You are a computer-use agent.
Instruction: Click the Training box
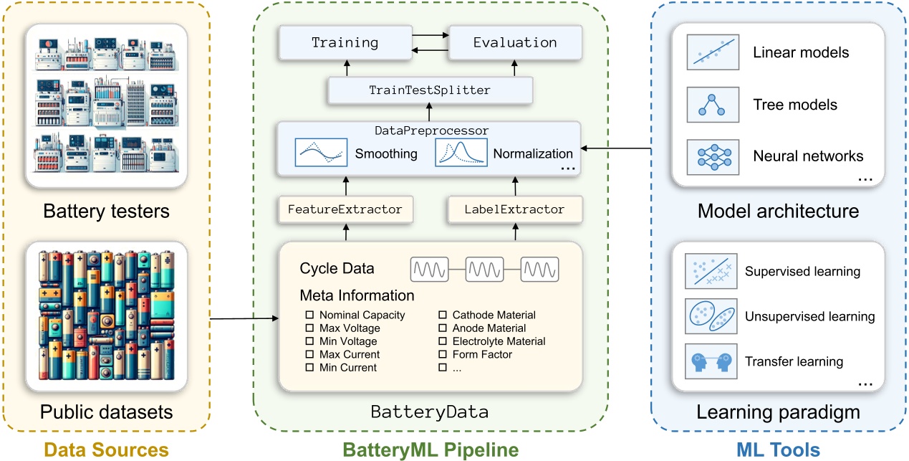(x=345, y=42)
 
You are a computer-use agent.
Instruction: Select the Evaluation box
(x=514, y=42)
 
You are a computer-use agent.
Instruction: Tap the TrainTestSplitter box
(x=430, y=90)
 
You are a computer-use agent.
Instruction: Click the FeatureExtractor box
(x=345, y=209)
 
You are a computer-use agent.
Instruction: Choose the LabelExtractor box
(x=514, y=209)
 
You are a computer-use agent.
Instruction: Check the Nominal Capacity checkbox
(x=310, y=315)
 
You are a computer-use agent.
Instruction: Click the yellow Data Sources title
(x=106, y=450)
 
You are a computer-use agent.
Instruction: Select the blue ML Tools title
(x=779, y=450)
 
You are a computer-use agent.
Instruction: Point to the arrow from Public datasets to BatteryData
(x=244, y=318)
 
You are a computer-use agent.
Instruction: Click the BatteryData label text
(x=430, y=412)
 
